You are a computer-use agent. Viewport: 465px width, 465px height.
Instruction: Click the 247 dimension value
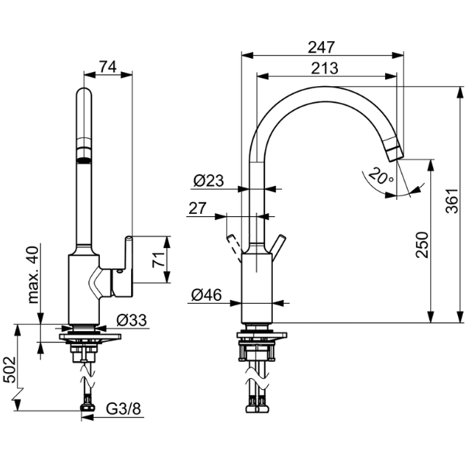coord(322,46)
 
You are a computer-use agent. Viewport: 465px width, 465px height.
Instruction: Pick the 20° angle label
coord(380,177)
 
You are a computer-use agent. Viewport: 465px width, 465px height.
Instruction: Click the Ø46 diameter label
coord(207,294)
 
